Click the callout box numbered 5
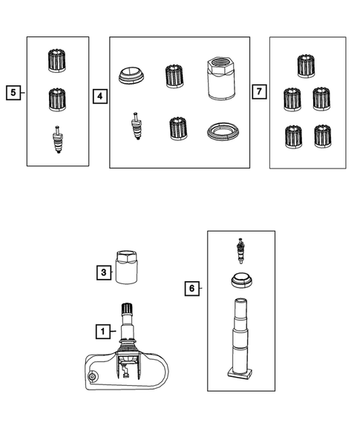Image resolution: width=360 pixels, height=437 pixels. (x=13, y=93)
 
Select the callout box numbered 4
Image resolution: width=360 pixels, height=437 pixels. (x=100, y=96)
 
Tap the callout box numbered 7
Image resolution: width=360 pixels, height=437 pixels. (x=259, y=91)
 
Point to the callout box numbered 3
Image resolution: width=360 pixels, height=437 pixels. (x=104, y=272)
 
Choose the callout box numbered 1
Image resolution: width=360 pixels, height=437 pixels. (x=103, y=332)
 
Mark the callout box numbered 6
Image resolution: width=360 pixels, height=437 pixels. (x=192, y=288)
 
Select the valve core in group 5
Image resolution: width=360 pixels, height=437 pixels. (x=57, y=139)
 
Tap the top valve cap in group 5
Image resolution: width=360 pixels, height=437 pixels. (x=57, y=61)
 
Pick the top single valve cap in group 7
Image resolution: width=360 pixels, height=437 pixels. (x=306, y=66)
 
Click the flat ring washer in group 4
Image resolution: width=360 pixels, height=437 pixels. (x=223, y=131)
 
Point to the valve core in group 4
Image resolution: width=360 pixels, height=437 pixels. (x=136, y=125)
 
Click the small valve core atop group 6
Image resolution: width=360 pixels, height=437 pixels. (x=240, y=251)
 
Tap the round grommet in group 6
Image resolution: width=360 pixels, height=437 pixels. (x=241, y=281)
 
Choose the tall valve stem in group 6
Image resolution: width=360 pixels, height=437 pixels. (x=240, y=339)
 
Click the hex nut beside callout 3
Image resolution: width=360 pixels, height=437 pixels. (x=126, y=267)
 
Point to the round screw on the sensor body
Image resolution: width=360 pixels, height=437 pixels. (x=92, y=377)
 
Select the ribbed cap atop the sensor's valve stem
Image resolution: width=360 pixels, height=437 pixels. (x=127, y=308)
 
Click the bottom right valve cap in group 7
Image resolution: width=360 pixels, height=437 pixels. (x=323, y=137)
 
